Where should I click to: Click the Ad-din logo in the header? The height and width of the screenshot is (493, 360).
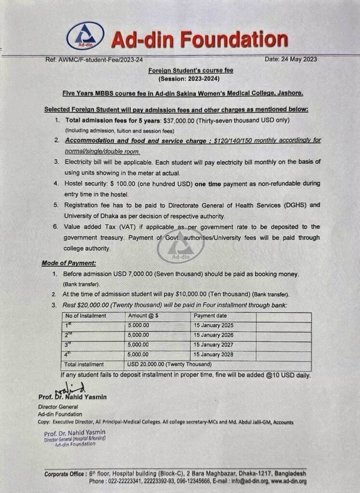pos(85,36)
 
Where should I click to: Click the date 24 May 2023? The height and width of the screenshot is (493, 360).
pos(291,59)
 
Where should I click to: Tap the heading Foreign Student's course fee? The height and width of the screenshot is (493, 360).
pos(190,70)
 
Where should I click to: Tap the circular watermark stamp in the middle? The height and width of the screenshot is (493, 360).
pos(181,247)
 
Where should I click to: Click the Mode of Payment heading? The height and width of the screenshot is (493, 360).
pos(69,263)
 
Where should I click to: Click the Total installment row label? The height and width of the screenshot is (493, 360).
pos(84,364)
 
